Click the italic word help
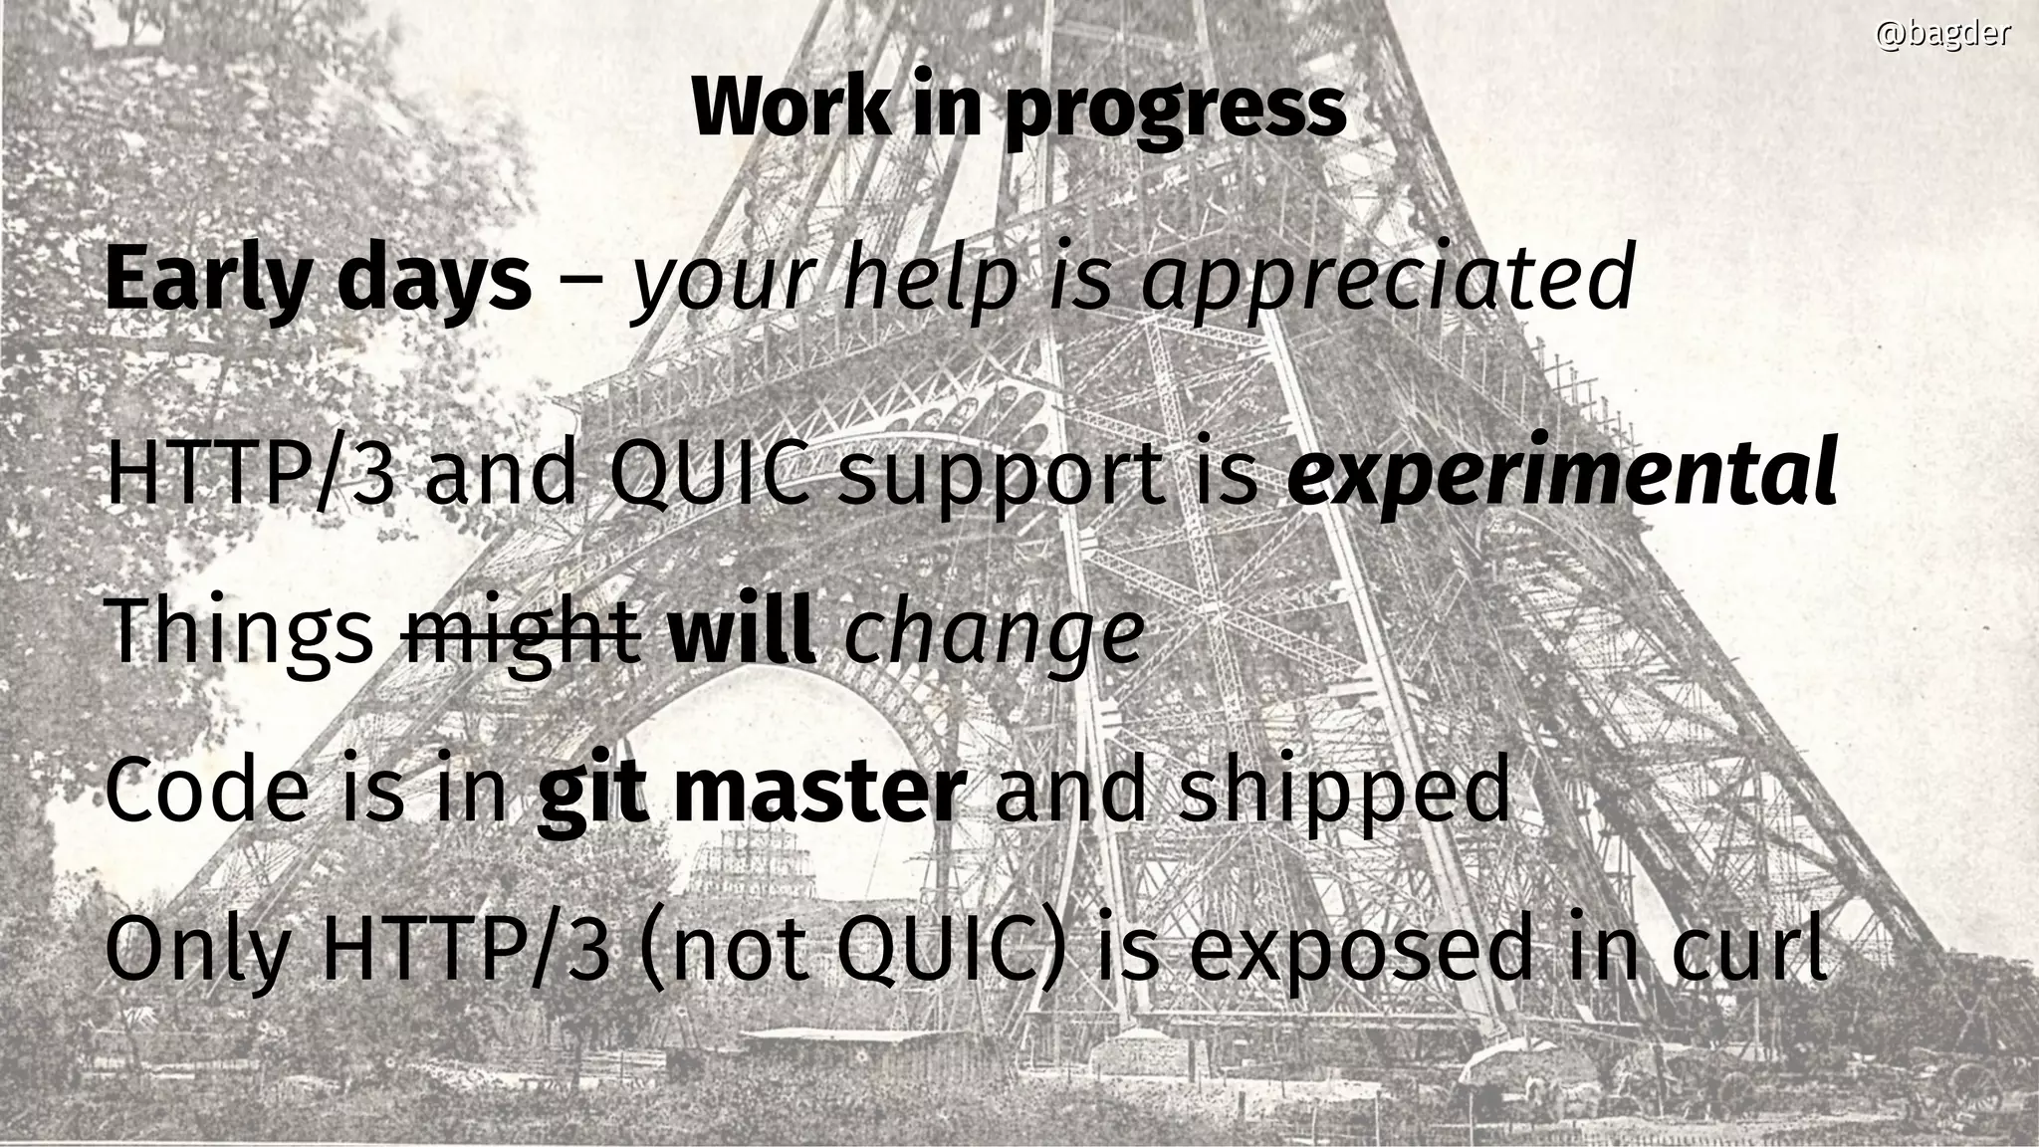[x=932, y=279]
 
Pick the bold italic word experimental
[x=1561, y=474]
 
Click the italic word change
[x=994, y=635]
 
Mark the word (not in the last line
[x=725, y=950]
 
